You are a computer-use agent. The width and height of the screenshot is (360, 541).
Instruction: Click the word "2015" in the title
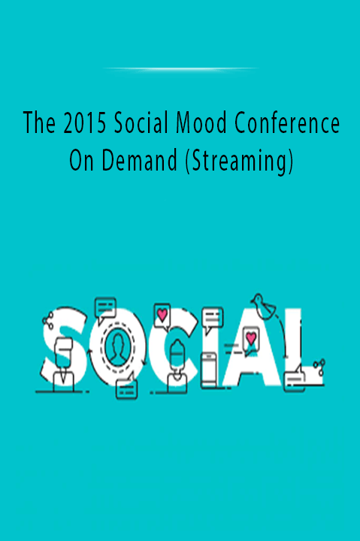[85, 123]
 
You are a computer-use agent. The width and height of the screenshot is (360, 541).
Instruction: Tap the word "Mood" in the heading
[201, 123]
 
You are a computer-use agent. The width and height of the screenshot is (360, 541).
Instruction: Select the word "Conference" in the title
[287, 123]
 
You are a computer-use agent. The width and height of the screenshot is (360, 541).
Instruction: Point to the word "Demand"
[139, 161]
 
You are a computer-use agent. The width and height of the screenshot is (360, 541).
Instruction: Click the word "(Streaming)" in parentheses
[239, 162]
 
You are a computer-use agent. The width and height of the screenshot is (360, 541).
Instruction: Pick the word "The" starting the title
[39, 123]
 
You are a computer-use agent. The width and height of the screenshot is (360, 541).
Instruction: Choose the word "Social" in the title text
[141, 123]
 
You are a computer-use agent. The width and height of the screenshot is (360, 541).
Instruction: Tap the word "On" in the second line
[81, 161]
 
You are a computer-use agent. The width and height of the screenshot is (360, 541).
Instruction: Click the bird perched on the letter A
[263, 307]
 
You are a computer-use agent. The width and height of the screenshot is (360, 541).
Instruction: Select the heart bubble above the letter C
[162, 316]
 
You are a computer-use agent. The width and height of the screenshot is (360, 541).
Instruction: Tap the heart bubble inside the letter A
[250, 339]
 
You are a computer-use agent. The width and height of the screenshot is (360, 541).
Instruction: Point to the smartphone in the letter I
[209, 370]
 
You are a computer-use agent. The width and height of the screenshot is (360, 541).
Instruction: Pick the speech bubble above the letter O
[105, 309]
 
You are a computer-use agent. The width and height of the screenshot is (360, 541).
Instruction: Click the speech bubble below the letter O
[127, 388]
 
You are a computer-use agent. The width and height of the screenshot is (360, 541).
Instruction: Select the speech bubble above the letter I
[212, 319]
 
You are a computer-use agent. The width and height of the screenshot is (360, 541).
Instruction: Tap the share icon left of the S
[48, 320]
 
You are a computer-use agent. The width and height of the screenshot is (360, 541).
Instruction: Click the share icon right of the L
[319, 367]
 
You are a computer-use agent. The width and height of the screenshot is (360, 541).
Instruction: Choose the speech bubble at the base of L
[295, 379]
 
